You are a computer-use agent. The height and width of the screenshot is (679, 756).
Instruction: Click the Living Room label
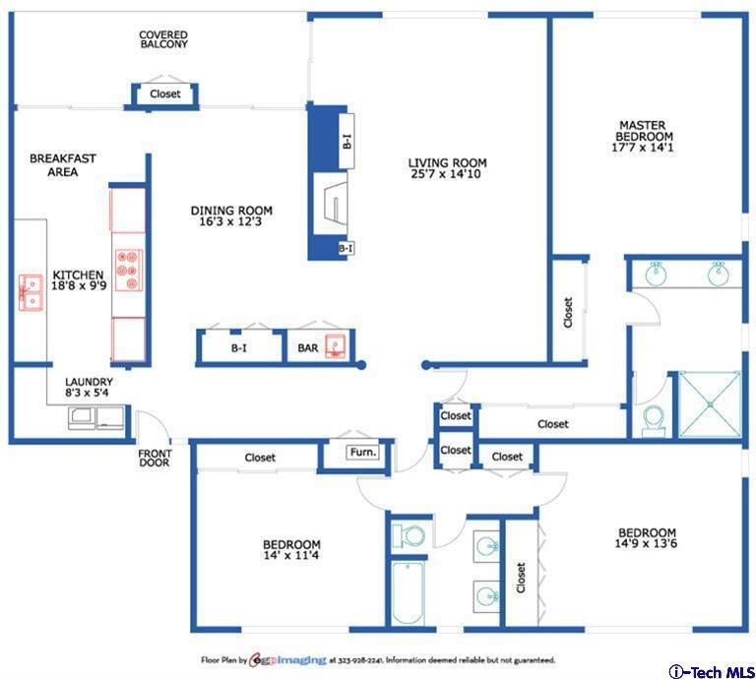[x=447, y=163]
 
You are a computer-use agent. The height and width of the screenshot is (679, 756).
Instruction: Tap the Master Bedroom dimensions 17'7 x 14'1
[x=642, y=148]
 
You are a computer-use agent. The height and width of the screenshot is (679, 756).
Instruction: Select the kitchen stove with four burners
[x=129, y=270]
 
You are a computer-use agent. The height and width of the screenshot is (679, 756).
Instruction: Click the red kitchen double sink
[x=31, y=292]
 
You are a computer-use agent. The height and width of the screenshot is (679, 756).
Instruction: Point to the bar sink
[x=336, y=346]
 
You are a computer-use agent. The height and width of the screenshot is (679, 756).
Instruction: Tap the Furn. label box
[x=363, y=453]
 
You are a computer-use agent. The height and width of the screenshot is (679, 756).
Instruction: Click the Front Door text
[x=155, y=459]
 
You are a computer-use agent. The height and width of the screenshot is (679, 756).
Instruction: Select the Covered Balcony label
[x=163, y=39]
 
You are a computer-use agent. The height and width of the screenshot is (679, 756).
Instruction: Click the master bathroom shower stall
[x=709, y=404]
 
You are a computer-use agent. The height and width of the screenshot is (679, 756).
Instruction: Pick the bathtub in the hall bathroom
[x=408, y=592]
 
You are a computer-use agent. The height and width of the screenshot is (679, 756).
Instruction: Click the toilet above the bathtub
[x=409, y=535]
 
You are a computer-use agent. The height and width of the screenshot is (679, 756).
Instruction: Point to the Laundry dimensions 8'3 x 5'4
[x=87, y=393]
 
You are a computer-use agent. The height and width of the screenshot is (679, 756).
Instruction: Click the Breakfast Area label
[x=63, y=165]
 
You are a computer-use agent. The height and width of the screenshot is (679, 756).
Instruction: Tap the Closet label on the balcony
[x=165, y=93]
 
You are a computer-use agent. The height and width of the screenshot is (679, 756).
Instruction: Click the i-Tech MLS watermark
[x=711, y=671]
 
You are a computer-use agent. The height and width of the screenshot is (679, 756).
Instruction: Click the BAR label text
[x=307, y=348]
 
